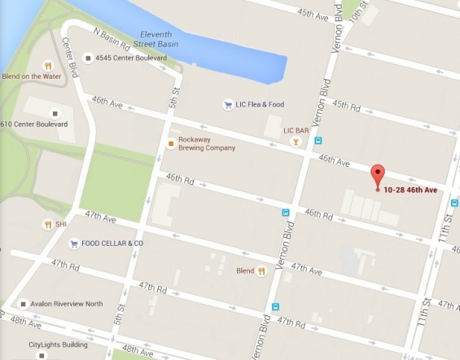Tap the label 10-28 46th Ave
coord(411,191)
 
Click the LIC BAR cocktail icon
coord(296,142)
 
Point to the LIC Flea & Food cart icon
coord(228,103)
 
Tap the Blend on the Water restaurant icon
coord(47,65)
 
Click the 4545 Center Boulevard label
coord(125,58)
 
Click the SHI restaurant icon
coord(47,224)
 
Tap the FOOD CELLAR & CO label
coord(112,243)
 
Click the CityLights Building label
coord(60,345)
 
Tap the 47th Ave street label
coord(102,219)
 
